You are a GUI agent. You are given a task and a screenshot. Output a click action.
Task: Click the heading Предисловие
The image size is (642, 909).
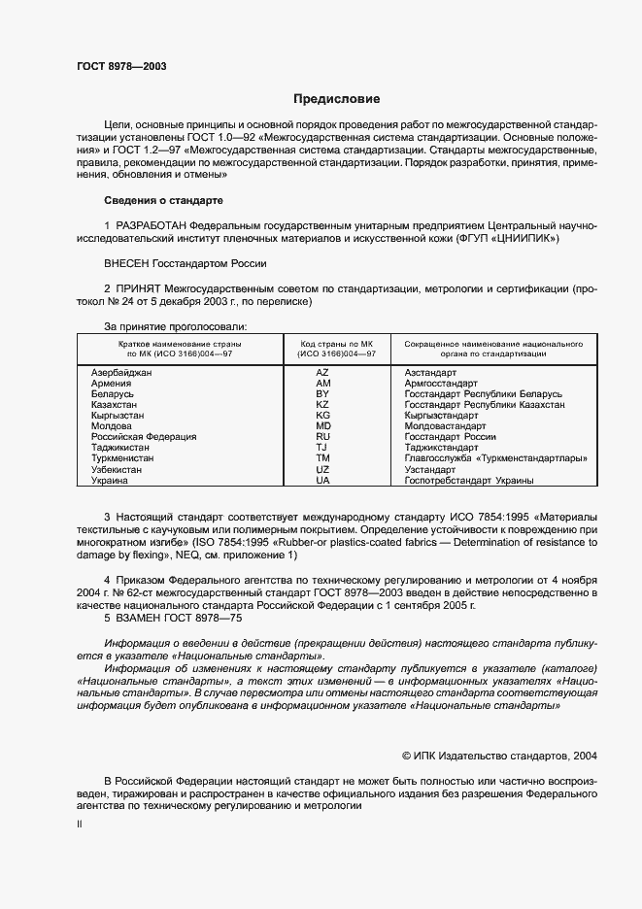[x=337, y=99]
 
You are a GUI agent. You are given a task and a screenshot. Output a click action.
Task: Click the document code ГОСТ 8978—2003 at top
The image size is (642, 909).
[x=122, y=66]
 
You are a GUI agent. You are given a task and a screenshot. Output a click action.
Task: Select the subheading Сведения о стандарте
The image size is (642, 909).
[x=163, y=200]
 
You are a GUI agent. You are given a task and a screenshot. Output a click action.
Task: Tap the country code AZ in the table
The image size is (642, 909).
[x=323, y=373]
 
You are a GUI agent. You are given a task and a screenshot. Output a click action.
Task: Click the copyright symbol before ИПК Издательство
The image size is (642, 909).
[x=408, y=755]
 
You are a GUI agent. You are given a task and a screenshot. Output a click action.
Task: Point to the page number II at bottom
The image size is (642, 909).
[x=80, y=824]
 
